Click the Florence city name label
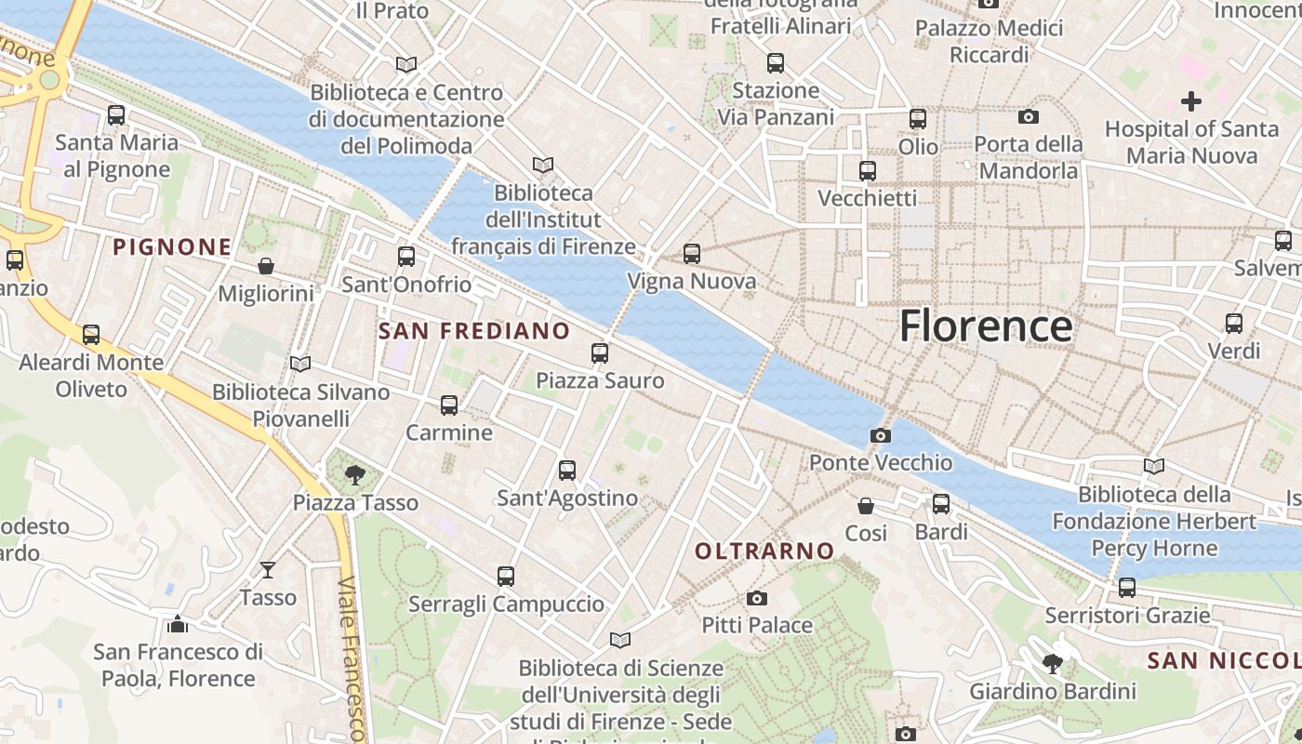[986, 326]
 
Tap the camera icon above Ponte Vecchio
[880, 435]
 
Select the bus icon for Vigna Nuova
[691, 254]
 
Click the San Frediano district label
[474, 331]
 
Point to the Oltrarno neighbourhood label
[764, 551]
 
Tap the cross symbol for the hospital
[1190, 100]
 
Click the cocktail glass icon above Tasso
[268, 569]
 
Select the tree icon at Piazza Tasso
[354, 475]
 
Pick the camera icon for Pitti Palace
[757, 598]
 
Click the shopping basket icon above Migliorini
[266, 267]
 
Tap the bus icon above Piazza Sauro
[600, 353]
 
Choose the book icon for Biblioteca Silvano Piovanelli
[299, 364]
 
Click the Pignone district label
[172, 247]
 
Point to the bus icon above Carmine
[449, 405]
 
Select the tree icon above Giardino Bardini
[1053, 663]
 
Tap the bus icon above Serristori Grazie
[1127, 588]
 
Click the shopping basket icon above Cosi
[866, 506]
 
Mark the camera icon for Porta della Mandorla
[1028, 116]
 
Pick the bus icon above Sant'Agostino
[567, 471]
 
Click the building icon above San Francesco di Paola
[177, 623]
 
